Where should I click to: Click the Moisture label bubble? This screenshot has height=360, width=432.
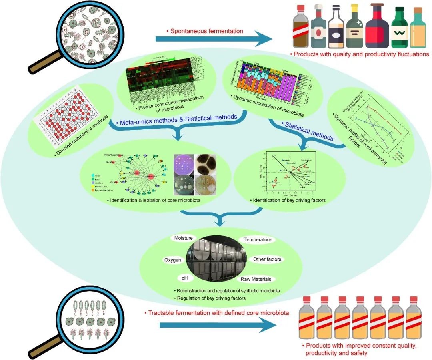pos(183,238)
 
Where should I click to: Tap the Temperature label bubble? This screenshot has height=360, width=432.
pos(258,240)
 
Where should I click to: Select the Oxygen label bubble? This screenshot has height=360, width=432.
pos(173,260)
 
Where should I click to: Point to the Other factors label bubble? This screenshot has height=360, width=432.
pos(267,259)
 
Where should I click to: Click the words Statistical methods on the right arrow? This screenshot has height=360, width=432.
pos(308,131)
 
